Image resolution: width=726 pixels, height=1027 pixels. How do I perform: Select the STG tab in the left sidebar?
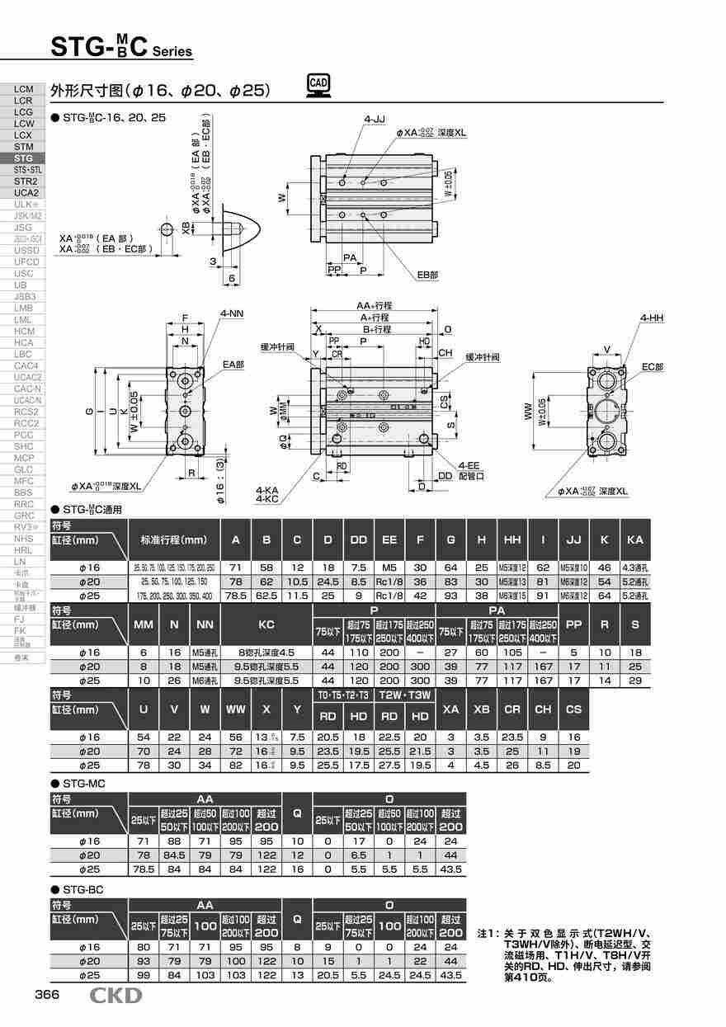point(24,158)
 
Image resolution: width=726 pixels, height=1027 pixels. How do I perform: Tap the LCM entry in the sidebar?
point(24,88)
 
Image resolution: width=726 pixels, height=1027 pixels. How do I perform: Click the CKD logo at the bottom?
point(116,996)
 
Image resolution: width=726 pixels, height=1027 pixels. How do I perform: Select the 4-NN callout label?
point(231,314)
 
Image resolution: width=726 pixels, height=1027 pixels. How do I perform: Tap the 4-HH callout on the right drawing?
point(651,318)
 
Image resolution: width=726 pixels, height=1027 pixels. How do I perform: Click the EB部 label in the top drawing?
point(427,274)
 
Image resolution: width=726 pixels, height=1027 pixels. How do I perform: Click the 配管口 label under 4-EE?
point(472,476)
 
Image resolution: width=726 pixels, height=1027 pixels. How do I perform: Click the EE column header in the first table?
point(389,539)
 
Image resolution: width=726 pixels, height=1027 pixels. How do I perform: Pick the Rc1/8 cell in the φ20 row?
point(389,582)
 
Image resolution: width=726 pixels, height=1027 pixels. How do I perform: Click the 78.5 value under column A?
point(236,595)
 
